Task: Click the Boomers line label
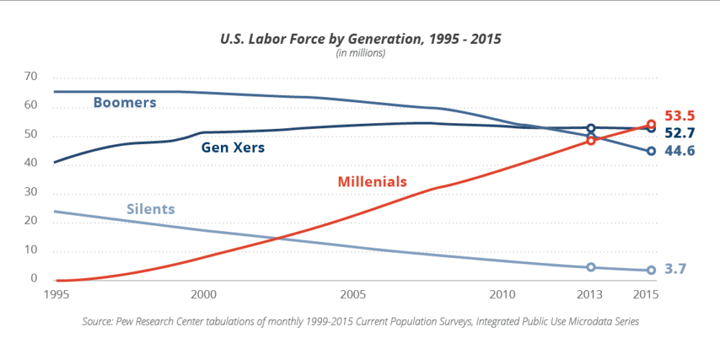[x=125, y=103]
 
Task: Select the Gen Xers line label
[x=233, y=148]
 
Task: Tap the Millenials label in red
[x=372, y=181]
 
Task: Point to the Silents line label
[x=150, y=210]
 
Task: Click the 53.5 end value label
[x=680, y=116]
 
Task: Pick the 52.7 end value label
[x=680, y=133]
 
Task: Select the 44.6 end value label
[x=680, y=151]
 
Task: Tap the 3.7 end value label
[x=675, y=269]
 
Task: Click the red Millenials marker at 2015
[x=651, y=124]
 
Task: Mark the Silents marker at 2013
[x=591, y=267]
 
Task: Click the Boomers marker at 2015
[x=651, y=151]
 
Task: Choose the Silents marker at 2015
[x=651, y=270]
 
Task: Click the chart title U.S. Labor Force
[x=359, y=39]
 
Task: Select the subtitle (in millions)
[x=360, y=53]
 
